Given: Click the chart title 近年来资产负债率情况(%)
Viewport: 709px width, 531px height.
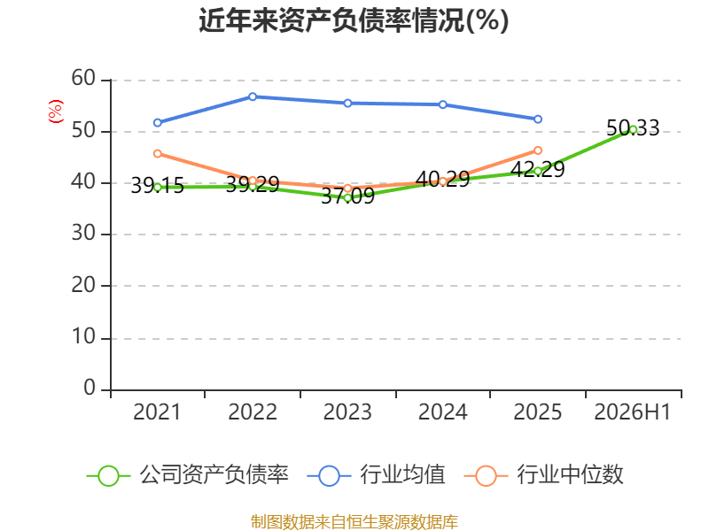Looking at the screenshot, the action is [x=354, y=20].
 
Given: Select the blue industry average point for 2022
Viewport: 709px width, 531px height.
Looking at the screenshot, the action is [x=253, y=96].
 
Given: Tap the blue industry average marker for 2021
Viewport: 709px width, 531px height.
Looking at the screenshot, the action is [x=158, y=123].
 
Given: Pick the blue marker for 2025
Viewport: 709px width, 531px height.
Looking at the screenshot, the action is [x=538, y=119].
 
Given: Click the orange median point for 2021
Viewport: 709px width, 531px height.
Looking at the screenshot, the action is [x=158, y=154].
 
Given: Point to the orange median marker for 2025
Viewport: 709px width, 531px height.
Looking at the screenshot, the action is [x=538, y=150].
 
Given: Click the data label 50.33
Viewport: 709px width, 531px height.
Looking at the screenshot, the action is [x=633, y=127].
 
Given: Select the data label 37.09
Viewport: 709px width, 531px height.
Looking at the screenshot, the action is [x=347, y=196].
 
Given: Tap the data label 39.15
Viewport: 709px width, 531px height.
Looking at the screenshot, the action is [x=158, y=186].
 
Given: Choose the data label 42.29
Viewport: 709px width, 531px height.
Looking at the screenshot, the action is [x=538, y=169].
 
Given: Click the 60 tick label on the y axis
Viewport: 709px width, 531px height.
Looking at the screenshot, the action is [x=83, y=79].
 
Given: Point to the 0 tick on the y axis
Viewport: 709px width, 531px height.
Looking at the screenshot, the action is [x=90, y=388].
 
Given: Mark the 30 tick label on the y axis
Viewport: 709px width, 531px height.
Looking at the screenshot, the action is [x=83, y=234].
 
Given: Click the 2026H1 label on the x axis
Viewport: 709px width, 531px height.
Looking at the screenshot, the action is [x=632, y=412].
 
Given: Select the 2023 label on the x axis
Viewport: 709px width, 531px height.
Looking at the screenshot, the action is [x=347, y=412].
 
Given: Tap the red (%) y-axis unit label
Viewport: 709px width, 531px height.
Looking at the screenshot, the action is [x=56, y=112].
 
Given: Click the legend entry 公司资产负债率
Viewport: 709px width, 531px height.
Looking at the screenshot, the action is [x=188, y=475].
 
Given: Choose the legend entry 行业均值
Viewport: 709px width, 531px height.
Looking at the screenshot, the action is [x=376, y=475].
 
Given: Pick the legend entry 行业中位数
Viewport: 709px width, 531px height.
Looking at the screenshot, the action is [x=544, y=475].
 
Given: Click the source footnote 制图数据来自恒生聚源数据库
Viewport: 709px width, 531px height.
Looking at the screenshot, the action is [x=354, y=522].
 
